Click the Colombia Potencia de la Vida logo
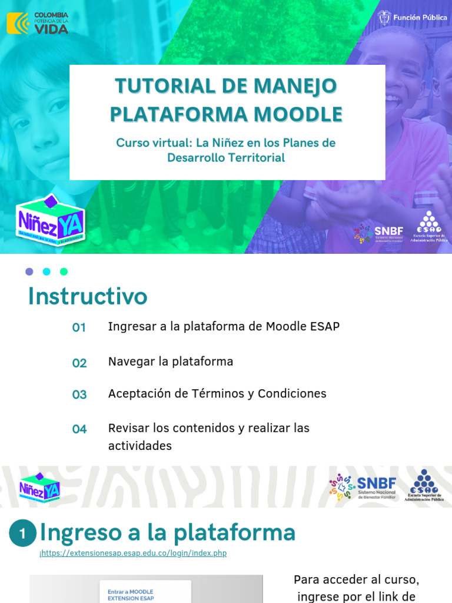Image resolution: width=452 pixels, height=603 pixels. coord(37,22)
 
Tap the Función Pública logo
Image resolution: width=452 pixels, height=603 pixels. coord(413,18)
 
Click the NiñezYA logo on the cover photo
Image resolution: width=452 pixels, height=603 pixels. coord(51,218)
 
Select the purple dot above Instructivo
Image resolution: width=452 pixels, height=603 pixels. coord(29,271)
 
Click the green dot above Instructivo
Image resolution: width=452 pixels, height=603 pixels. coord(64,271)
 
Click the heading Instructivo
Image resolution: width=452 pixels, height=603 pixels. coord(88,296)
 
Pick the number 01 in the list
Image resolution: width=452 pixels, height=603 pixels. coord(79,327)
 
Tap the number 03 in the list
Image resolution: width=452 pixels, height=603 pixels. coord(79,395)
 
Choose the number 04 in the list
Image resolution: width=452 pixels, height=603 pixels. coord(79,429)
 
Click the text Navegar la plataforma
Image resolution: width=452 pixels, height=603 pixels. coord(171,362)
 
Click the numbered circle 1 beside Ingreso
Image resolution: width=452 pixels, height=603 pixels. coord(22,534)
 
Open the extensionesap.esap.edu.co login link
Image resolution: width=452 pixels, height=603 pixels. coord(133,554)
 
